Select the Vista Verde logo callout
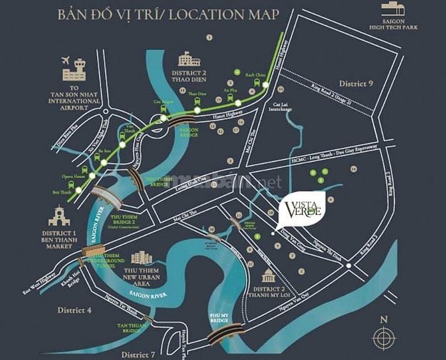click(304, 209)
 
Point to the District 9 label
click(356, 84)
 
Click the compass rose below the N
click(385, 336)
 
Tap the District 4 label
click(74, 310)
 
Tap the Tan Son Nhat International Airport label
click(74, 96)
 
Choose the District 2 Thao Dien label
click(188, 76)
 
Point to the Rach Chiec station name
click(255, 75)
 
